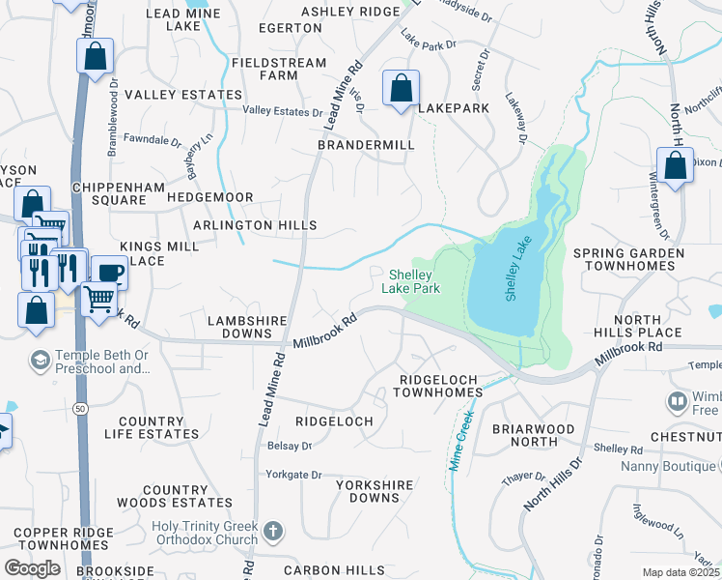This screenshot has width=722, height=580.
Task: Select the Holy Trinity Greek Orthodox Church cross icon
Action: tap(273, 531)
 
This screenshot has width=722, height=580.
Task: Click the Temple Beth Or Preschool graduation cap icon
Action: tap(40, 360)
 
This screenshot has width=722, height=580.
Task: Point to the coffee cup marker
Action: tap(109, 272)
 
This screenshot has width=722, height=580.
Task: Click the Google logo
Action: tap(32, 568)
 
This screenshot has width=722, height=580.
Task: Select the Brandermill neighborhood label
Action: tap(366, 145)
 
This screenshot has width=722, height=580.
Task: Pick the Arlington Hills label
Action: tap(255, 225)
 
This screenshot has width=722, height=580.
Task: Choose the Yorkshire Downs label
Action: tap(368, 490)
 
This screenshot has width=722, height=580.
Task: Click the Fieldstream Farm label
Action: tap(264, 69)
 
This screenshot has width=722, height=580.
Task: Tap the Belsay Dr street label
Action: tap(290, 446)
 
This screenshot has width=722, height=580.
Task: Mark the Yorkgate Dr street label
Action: tap(294, 475)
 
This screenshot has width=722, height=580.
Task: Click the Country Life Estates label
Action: tap(151, 428)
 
